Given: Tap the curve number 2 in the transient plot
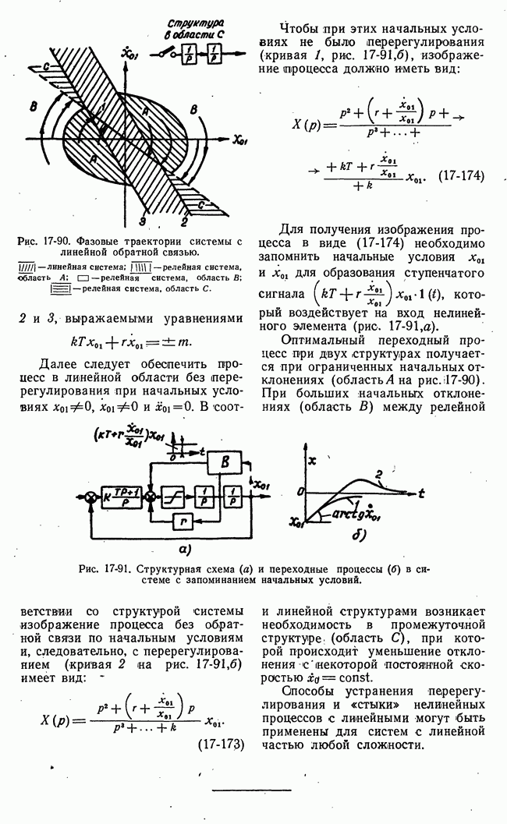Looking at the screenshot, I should pos(378,473).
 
